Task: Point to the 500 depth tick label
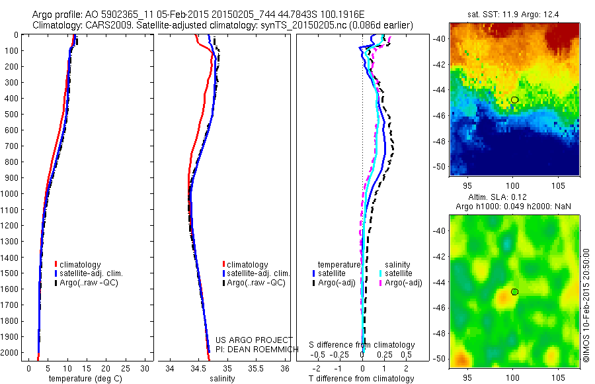(13, 114)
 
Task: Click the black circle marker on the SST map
(514, 100)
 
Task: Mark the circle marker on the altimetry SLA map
(514, 291)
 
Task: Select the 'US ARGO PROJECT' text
(248, 340)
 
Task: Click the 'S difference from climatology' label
(362, 345)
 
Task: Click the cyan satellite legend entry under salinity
(395, 273)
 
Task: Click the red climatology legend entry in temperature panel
(82, 265)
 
